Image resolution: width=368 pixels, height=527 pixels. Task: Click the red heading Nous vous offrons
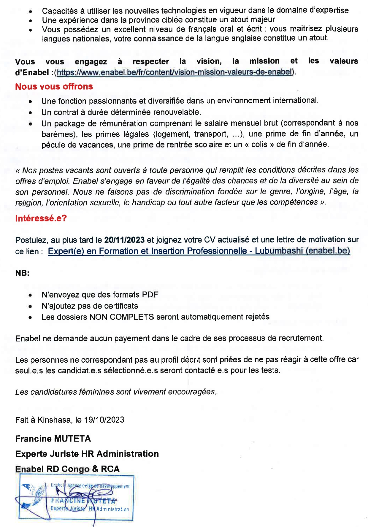54,87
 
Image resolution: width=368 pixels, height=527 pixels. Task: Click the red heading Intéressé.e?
41,218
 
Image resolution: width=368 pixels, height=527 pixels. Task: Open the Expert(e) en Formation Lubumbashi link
199,251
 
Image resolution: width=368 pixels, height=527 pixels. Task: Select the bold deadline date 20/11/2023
124,240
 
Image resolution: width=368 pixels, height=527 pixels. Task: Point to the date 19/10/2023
104,420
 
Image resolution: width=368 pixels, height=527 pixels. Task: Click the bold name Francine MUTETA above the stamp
53,439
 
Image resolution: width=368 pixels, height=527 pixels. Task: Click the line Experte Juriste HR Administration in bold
87,454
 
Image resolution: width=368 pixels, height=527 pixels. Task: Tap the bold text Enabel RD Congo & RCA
67,469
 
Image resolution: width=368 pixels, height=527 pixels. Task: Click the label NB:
22,273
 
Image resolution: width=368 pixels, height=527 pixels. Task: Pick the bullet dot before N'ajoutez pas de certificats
30,306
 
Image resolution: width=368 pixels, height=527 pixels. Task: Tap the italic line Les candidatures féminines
116,392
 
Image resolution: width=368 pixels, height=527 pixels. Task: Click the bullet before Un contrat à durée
30,113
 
